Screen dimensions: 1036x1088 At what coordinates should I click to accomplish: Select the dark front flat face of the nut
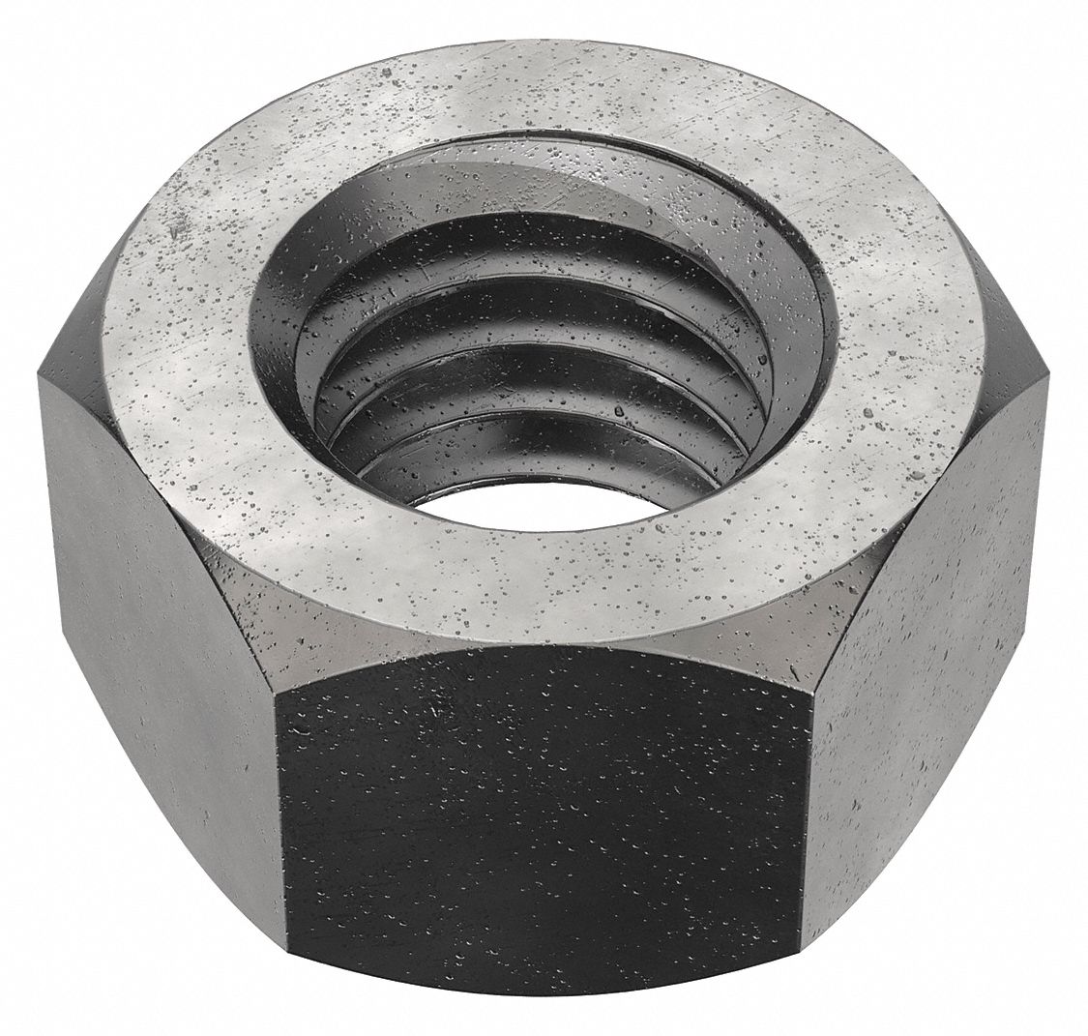point(542,822)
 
